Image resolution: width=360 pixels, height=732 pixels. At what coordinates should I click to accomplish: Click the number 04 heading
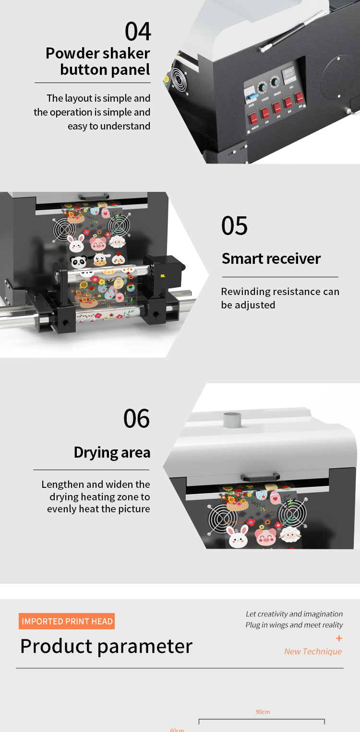point(138,32)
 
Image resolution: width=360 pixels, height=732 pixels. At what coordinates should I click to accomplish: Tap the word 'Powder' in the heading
point(70,53)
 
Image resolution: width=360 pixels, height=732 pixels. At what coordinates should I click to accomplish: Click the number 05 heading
point(235,226)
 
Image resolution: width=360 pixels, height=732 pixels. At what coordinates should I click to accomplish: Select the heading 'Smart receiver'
point(271,259)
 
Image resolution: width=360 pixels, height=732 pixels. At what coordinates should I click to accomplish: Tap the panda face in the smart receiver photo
point(78,262)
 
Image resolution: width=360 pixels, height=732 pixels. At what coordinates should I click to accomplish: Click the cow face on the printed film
point(100,260)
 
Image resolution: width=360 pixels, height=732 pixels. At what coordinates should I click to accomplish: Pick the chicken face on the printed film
point(118,260)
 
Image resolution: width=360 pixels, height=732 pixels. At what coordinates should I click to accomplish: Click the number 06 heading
point(137,419)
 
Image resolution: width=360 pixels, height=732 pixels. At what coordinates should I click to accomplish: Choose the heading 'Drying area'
point(112,452)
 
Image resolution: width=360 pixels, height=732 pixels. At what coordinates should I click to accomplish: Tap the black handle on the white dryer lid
point(260,477)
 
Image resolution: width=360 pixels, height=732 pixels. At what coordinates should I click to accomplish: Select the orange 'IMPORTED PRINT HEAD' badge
point(67,622)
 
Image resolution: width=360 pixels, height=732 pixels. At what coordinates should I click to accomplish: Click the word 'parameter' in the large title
point(145,647)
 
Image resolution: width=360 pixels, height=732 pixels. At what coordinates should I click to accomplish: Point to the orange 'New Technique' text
point(313,651)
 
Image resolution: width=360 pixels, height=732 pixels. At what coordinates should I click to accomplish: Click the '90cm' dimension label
point(263,712)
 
